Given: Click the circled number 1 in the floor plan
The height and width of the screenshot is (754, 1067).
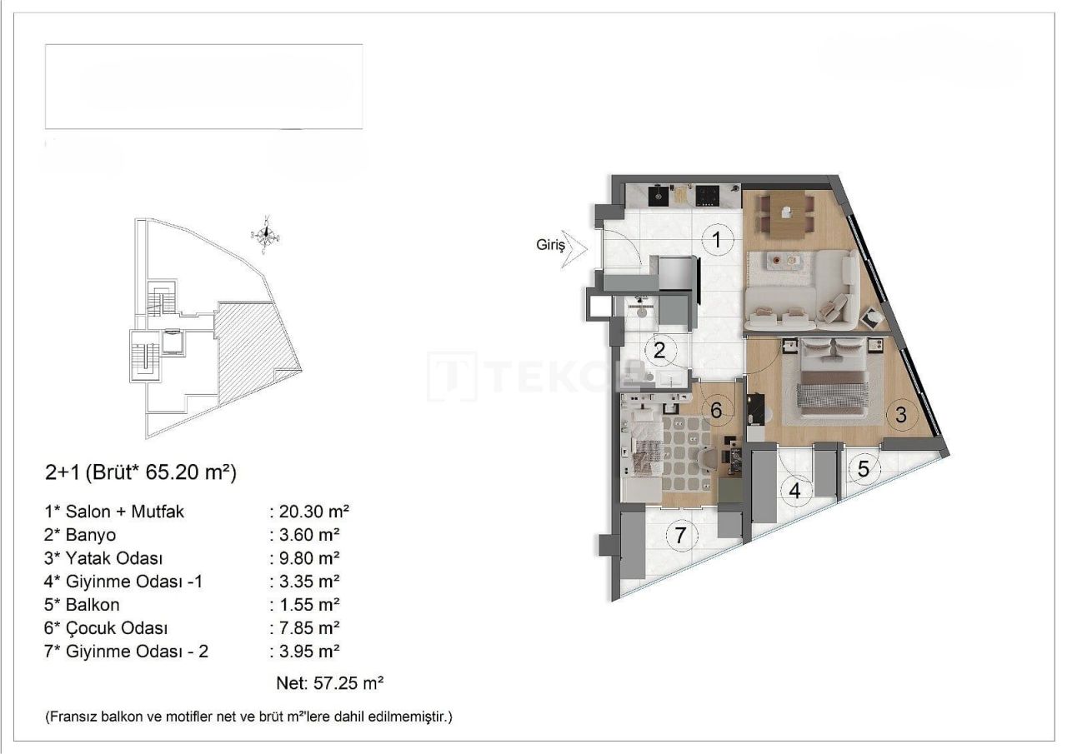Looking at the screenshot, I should pyautogui.click(x=715, y=241).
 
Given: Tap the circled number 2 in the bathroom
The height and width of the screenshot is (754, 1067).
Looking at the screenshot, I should pyautogui.click(x=659, y=350).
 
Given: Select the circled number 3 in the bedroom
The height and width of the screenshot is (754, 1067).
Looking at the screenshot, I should pyautogui.click(x=901, y=414).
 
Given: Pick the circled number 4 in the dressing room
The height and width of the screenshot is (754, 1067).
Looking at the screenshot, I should pyautogui.click(x=795, y=491).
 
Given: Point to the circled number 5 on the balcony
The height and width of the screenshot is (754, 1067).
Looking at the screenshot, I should pyautogui.click(x=864, y=469).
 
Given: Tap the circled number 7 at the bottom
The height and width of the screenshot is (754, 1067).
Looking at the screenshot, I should pyautogui.click(x=681, y=536).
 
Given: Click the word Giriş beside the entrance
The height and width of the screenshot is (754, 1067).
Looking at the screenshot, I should pyautogui.click(x=550, y=246).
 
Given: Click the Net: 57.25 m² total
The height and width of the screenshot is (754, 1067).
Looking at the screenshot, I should pyautogui.click(x=329, y=684).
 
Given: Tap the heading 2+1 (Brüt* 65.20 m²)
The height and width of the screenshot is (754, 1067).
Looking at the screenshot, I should pyautogui.click(x=141, y=473).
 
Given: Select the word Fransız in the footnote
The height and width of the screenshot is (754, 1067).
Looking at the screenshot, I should pyautogui.click(x=73, y=717).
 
